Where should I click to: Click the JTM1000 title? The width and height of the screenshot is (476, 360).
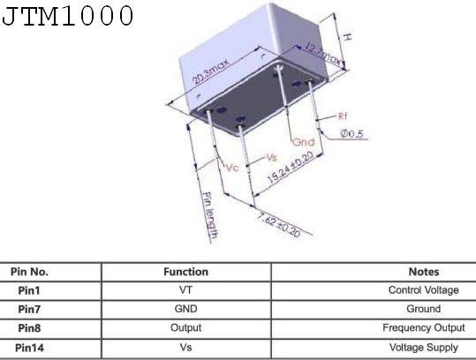pos(67,16)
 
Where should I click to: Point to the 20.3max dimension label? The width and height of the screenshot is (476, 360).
pos(210,71)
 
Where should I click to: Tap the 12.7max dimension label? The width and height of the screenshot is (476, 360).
pos(323,55)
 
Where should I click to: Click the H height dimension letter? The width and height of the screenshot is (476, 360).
pos(348,37)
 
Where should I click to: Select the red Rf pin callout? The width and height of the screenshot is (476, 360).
pos(343,116)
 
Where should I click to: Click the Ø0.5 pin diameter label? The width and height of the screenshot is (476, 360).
pos(351,133)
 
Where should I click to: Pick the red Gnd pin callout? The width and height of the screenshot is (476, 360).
pos(304,142)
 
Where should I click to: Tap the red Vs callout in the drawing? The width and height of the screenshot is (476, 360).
pos(272,157)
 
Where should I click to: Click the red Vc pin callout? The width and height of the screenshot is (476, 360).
pos(232,167)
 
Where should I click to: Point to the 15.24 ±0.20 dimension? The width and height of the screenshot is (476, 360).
pos(291,168)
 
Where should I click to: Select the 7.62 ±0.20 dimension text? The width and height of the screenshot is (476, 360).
pos(278,225)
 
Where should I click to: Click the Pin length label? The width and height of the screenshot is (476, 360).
pos(210,215)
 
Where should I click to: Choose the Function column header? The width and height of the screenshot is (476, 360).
pos(185,272)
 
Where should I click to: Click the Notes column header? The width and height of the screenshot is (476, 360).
pos(424,272)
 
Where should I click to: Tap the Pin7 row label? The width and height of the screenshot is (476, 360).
pos(29,310)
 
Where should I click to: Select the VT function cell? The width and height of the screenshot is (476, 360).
pos(185,290)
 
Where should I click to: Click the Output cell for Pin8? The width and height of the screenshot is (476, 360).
pos(185,327)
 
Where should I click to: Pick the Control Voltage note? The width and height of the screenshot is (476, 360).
pos(424,290)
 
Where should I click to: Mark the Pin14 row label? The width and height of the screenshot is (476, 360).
pos(29,348)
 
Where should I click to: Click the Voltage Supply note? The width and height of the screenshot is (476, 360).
pos(424,348)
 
